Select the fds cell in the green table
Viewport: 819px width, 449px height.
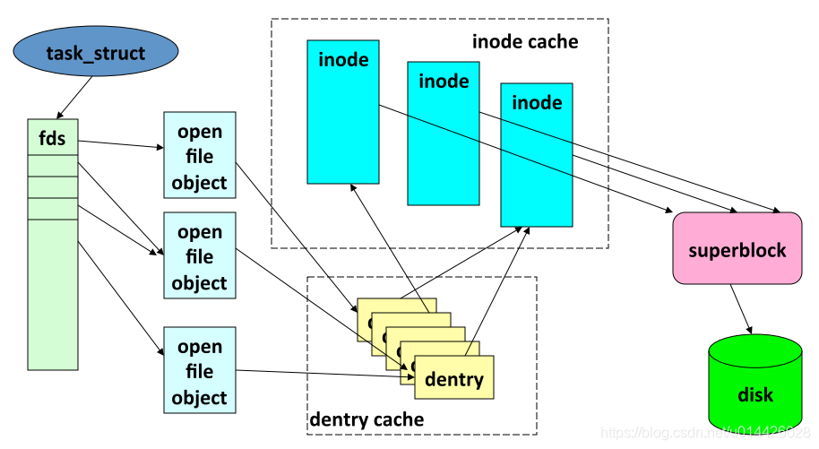tap(53, 138)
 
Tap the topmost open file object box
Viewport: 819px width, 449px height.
tap(199, 156)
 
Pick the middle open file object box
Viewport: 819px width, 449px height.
tap(199, 256)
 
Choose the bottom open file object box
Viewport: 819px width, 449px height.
tap(199, 371)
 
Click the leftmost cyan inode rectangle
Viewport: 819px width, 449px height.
tap(343, 112)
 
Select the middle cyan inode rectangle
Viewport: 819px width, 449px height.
tap(444, 134)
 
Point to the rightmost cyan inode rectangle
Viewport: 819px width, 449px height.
tap(536, 154)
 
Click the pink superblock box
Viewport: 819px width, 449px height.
tap(737, 249)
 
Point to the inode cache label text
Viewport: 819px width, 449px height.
tap(525, 41)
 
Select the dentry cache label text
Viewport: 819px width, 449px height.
tap(366, 419)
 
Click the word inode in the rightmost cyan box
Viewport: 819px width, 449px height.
tap(537, 103)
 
